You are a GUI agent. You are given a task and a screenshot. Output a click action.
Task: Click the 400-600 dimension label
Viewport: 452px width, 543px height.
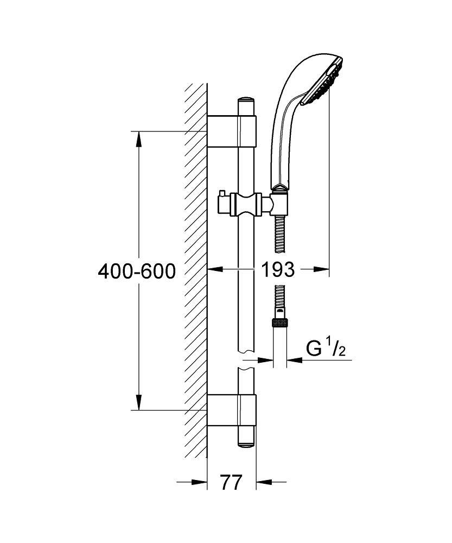click(x=137, y=271)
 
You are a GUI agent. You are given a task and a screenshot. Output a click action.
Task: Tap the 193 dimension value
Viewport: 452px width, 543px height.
click(x=278, y=269)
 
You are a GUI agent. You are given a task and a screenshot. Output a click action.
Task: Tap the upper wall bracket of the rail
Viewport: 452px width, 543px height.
click(x=232, y=131)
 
